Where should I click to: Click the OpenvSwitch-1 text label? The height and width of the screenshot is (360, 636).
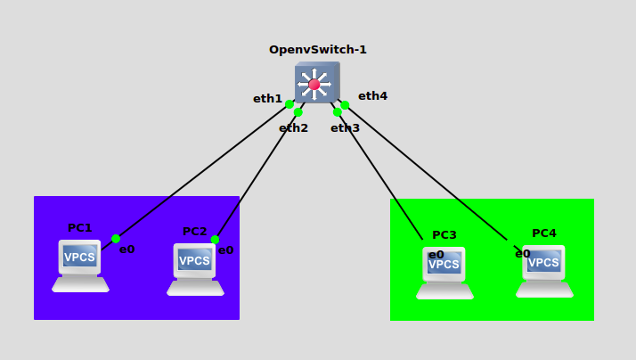click(x=318, y=50)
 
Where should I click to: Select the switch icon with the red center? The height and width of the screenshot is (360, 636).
click(x=315, y=83)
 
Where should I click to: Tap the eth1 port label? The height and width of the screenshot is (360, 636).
click(x=267, y=99)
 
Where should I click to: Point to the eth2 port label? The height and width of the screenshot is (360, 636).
click(x=293, y=128)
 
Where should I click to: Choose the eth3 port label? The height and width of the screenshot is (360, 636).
click(x=345, y=128)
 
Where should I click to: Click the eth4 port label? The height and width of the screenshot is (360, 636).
click(x=372, y=96)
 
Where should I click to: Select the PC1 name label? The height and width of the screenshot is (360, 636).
click(x=79, y=228)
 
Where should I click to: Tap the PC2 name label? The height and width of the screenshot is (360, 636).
click(x=194, y=232)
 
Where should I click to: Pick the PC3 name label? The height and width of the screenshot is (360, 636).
click(x=444, y=235)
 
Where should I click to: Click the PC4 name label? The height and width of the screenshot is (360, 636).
click(x=543, y=233)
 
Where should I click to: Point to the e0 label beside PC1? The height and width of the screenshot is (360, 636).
click(x=126, y=250)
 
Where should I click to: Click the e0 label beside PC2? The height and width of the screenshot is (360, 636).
click(x=225, y=250)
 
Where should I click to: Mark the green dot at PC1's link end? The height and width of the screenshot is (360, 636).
click(x=116, y=239)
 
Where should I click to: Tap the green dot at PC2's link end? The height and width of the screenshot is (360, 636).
click(x=215, y=240)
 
